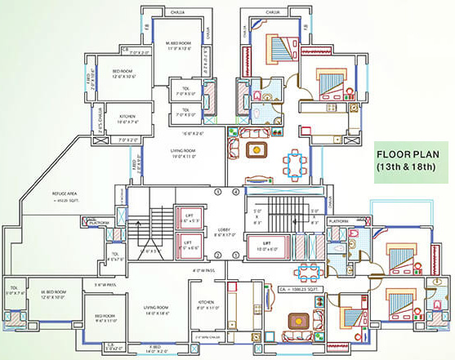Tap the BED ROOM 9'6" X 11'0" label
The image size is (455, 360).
point(105,318)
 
